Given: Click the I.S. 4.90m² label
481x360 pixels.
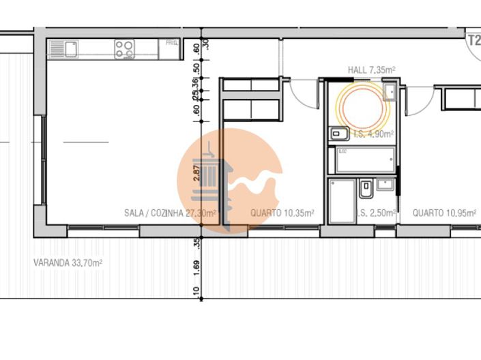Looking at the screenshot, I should (371, 134).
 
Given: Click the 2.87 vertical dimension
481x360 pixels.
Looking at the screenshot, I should (196, 172).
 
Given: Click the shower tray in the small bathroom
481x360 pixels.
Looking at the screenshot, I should (342, 200).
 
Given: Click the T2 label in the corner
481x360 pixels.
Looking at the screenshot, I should (473, 39).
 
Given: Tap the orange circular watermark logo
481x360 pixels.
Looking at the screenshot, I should (230, 181).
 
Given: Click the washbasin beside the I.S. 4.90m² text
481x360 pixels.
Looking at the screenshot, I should (338, 134).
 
